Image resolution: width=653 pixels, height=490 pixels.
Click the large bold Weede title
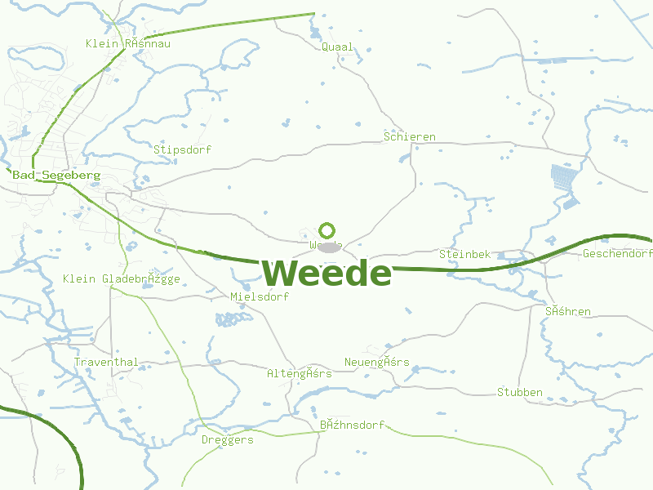pyautogui.click(x=326, y=273)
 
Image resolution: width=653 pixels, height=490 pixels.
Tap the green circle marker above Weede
pyautogui.click(x=327, y=230)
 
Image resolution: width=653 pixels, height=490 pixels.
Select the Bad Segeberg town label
pyautogui.click(x=56, y=175)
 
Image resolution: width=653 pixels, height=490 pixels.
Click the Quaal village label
pyautogui.click(x=338, y=47)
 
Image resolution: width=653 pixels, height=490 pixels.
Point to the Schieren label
pyautogui.click(x=410, y=136)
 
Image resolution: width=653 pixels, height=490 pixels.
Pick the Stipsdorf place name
pyautogui.click(x=183, y=149)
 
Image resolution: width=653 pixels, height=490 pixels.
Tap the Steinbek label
pyautogui.click(x=464, y=254)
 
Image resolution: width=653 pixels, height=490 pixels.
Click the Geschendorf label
pyautogui.click(x=617, y=254)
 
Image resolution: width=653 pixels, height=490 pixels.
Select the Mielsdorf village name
pyautogui.click(x=260, y=296)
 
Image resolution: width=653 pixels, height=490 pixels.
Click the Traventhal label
pyautogui.click(x=106, y=362)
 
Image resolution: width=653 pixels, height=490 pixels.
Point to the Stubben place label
pyautogui.click(x=520, y=392)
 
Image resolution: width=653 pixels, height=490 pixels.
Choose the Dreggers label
pyautogui.click(x=228, y=439)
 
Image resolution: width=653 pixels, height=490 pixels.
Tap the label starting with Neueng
pyautogui.click(x=377, y=362)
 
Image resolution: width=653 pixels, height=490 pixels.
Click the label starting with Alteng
pyautogui.click(x=300, y=373)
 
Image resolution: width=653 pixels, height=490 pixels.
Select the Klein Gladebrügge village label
pyautogui.click(x=122, y=278)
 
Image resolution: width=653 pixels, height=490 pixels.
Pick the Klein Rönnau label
pyautogui.click(x=128, y=43)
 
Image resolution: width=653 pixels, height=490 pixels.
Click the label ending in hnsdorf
pyautogui.click(x=352, y=425)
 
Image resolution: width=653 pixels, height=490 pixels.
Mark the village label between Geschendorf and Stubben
pyautogui.click(x=568, y=311)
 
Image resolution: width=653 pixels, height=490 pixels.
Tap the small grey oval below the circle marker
pyautogui.click(x=329, y=247)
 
